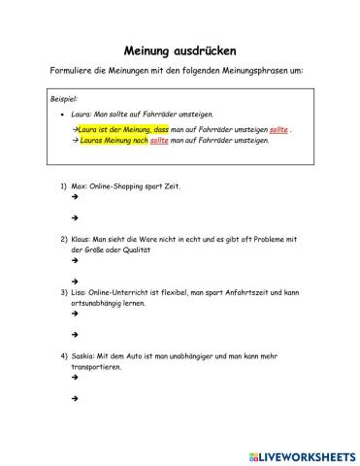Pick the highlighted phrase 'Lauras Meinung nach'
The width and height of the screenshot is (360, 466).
pos(114,140)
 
